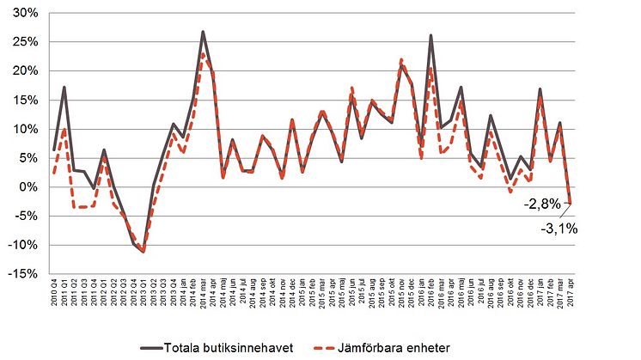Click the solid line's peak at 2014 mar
(x=203, y=32)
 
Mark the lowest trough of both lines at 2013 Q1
(x=143, y=252)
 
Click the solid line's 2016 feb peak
(x=430, y=35)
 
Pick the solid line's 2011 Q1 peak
(x=64, y=87)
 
